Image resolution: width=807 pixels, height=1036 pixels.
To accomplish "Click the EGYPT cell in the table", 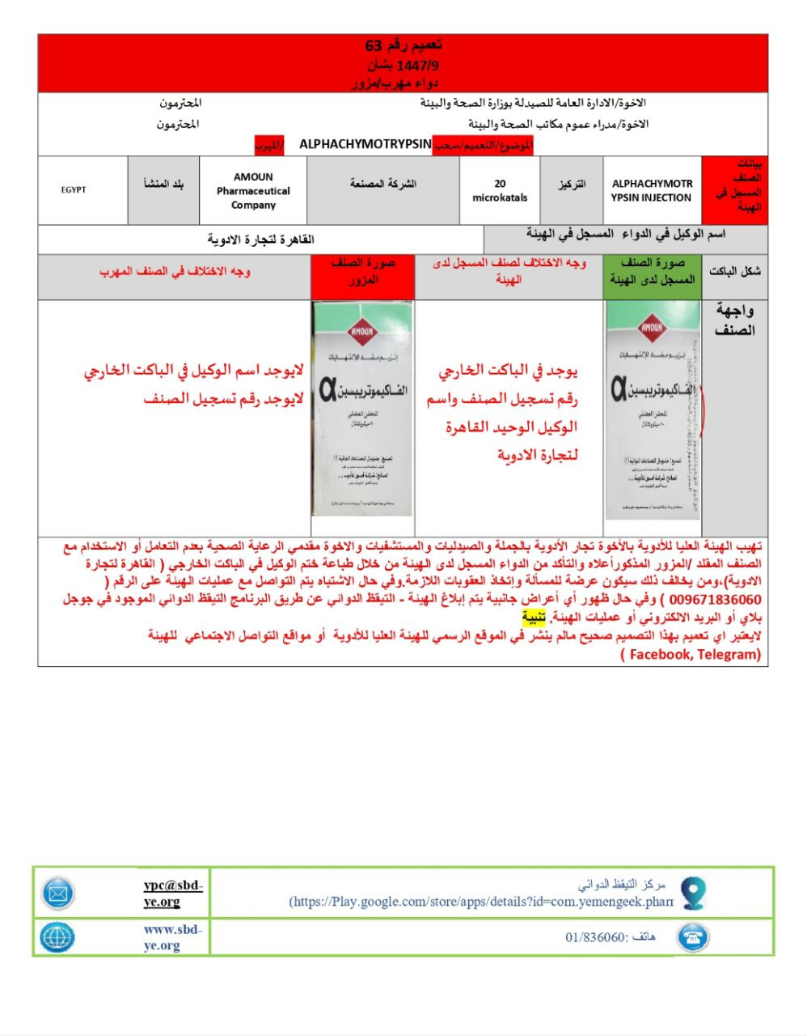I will tap(74, 190).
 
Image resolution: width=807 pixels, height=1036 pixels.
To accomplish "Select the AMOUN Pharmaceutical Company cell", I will tap(253, 191).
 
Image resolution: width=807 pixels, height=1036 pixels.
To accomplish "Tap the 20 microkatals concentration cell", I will tap(500, 191).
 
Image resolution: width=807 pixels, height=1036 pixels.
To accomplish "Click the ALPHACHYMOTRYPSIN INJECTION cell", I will tap(652, 191).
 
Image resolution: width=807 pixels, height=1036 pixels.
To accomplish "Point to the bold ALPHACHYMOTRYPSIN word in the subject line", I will tap(365, 144).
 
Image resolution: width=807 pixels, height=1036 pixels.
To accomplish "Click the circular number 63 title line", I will tap(403, 45).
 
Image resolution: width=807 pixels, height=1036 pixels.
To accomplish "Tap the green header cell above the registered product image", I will tap(653, 272).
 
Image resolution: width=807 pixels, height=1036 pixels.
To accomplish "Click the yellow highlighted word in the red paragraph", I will tap(533, 618).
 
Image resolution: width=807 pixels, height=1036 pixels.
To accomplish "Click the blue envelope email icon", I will tap(58, 894).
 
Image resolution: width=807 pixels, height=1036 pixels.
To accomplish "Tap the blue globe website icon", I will tap(57, 937).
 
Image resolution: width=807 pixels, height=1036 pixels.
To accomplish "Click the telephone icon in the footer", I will tap(692, 937).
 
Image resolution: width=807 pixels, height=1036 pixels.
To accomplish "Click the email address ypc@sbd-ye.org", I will tap(172, 894).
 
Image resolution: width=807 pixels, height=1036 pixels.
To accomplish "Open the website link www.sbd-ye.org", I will tap(172, 937).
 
